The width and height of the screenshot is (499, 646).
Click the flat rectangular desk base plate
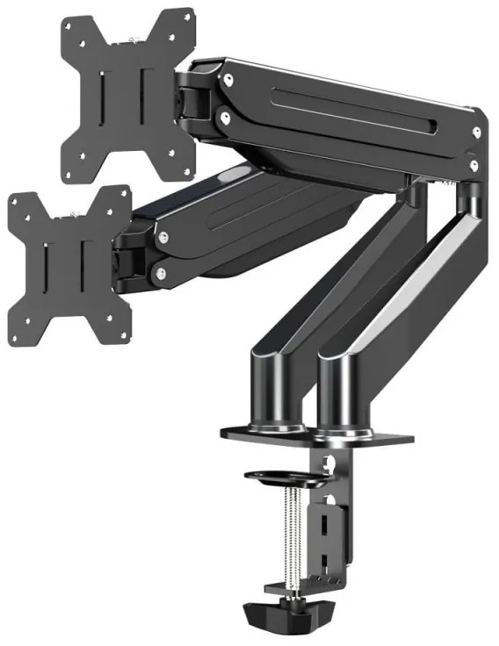316,434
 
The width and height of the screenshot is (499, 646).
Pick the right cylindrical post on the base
346,390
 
